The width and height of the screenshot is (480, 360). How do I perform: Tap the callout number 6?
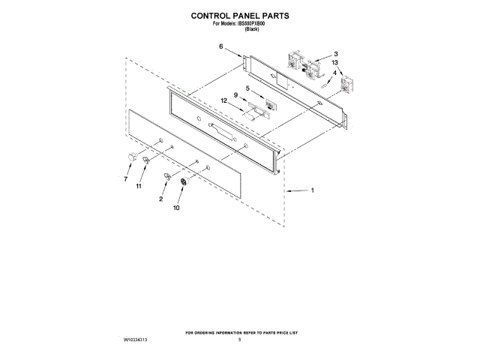pos(220,47)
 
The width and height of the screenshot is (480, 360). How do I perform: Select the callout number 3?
pos(335,54)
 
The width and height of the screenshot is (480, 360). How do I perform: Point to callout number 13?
pos(335,63)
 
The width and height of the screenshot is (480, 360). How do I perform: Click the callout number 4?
pos(334,73)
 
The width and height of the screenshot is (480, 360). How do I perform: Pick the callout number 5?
pos(247,90)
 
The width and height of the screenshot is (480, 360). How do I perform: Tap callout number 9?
pos(235,95)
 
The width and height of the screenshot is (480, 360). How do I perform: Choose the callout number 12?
pos(223,100)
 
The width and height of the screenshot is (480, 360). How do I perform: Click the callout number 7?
pos(125,179)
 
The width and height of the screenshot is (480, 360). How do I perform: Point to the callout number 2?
pos(160,199)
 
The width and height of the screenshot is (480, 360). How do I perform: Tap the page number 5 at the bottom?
pos(238,340)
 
